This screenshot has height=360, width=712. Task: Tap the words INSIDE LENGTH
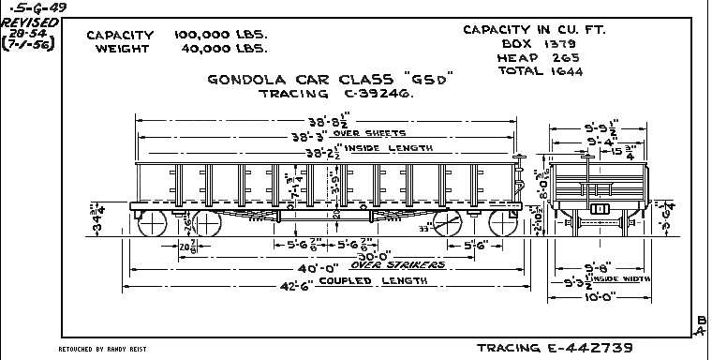pyautogui.click(x=394, y=148)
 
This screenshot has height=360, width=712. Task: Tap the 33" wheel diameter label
pyautogui.click(x=424, y=227)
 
